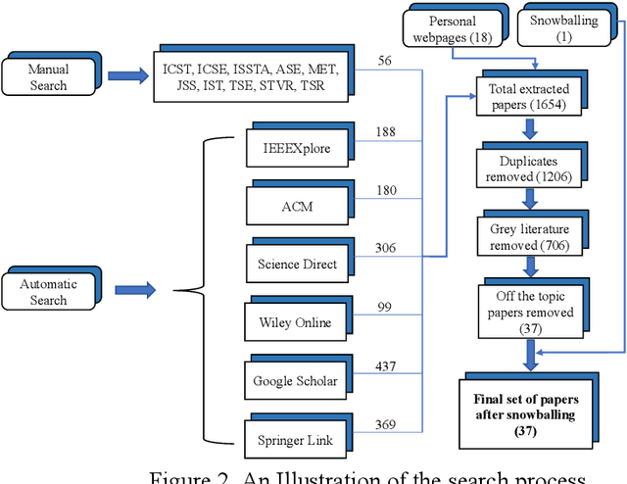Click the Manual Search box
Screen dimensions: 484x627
(x=48, y=77)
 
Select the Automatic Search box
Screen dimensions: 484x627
(x=48, y=292)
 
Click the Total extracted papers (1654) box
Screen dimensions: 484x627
(x=529, y=96)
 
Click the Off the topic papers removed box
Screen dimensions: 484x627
(x=529, y=309)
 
